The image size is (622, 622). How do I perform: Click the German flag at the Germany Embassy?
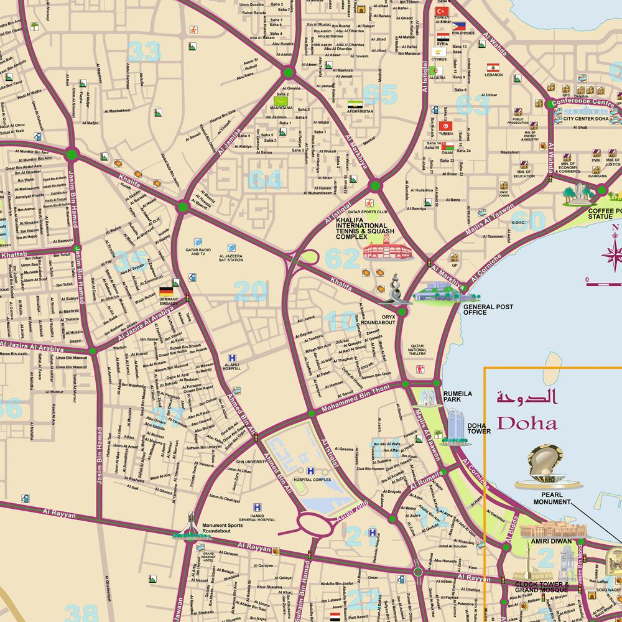(166, 291)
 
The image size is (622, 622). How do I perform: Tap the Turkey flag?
(443, 12)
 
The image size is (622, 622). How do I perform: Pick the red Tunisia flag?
(446, 126)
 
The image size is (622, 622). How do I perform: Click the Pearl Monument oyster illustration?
(543, 465)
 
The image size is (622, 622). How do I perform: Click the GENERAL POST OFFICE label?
(488, 310)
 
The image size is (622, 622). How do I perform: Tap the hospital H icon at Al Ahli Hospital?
(232, 358)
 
